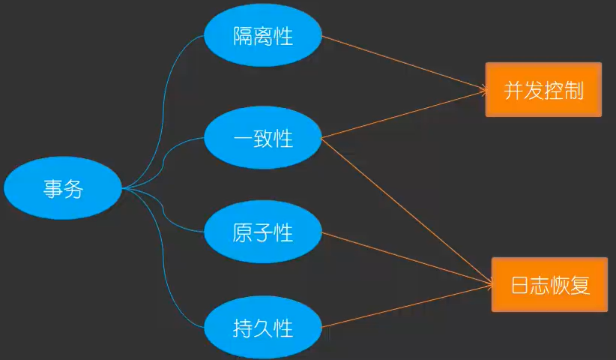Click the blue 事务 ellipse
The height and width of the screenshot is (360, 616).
click(63, 188)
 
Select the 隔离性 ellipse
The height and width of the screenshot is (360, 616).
click(263, 36)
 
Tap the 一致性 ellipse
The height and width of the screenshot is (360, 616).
click(263, 138)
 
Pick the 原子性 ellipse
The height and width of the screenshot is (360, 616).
click(263, 232)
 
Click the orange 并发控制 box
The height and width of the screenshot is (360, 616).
click(543, 90)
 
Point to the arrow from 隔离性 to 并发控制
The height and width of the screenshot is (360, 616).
click(405, 64)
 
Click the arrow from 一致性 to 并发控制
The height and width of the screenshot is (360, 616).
click(405, 115)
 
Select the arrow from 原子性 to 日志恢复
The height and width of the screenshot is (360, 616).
click(405, 258)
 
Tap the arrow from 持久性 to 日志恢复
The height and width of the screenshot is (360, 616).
click(405, 305)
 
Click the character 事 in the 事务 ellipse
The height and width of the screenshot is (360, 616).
click(53, 188)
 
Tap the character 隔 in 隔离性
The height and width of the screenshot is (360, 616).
click(243, 36)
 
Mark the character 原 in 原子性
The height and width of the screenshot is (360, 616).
click(243, 232)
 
